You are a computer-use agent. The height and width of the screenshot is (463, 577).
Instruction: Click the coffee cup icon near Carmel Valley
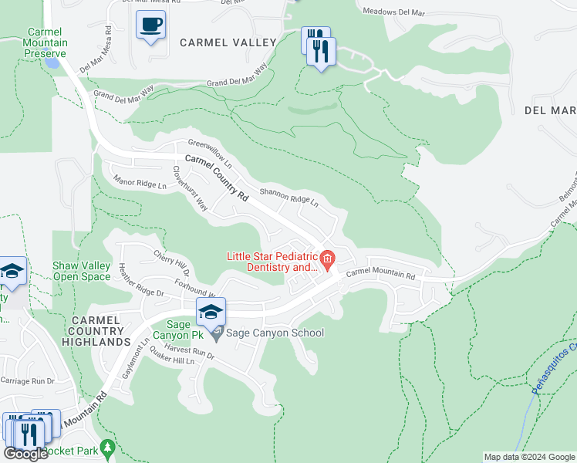[x=150, y=25]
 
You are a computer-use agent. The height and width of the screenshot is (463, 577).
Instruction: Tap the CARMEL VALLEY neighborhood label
[x=228, y=42]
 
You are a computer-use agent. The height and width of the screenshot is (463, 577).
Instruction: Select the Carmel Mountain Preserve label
[x=48, y=43]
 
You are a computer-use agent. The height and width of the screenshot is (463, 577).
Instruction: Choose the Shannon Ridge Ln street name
[x=289, y=198]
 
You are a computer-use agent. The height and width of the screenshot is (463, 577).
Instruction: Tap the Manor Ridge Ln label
[x=140, y=183]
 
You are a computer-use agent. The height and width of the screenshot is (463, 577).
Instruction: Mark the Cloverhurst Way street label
[x=190, y=188]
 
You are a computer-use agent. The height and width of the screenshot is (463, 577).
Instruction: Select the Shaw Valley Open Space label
[x=81, y=271]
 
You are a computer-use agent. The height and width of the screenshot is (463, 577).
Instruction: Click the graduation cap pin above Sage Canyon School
[x=210, y=312]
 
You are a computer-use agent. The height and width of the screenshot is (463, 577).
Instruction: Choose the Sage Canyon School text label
[x=275, y=333]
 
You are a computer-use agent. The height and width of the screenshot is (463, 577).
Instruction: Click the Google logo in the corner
[x=25, y=454]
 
